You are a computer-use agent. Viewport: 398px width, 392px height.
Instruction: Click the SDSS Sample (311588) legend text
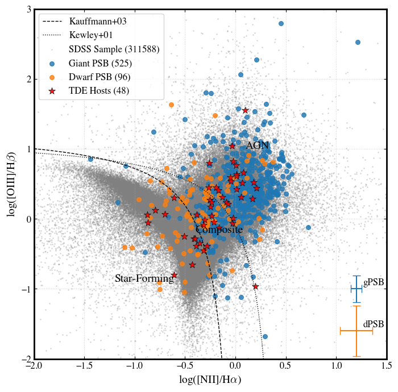pos(114,49)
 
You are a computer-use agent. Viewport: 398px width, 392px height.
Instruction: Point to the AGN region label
pos(257,146)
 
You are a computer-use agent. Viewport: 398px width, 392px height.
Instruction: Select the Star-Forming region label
pos(144,279)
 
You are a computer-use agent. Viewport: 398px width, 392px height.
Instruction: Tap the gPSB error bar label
pos(374,282)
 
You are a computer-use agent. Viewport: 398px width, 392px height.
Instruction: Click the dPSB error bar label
pos(374,324)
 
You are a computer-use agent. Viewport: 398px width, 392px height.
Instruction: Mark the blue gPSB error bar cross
pos(356,289)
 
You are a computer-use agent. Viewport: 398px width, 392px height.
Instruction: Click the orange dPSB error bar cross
pos(356,331)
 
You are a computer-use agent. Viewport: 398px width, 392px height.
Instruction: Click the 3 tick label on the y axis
pos(28,10)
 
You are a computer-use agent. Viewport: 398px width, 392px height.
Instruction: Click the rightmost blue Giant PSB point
pos(358,42)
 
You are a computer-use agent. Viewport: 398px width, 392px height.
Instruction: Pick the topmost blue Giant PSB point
pos(281,23)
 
